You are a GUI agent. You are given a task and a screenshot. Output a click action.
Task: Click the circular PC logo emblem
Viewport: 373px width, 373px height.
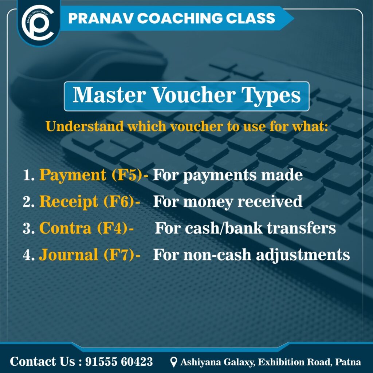(38, 22)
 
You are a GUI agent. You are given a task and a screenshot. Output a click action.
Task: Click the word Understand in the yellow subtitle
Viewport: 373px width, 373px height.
(85, 126)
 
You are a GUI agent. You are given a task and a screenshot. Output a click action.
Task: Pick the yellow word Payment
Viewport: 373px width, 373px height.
(72, 176)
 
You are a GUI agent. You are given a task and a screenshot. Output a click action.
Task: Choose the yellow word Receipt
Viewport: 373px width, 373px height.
(68, 202)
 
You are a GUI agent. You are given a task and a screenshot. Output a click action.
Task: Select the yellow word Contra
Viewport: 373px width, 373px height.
(65, 228)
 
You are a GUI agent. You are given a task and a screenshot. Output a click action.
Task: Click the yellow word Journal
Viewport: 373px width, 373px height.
(68, 255)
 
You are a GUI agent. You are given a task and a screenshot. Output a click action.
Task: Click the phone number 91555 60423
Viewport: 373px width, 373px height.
(119, 362)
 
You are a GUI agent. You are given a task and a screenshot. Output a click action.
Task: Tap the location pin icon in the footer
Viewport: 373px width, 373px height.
(174, 362)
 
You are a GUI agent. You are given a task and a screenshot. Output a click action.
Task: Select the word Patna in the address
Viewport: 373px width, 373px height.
(348, 362)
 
